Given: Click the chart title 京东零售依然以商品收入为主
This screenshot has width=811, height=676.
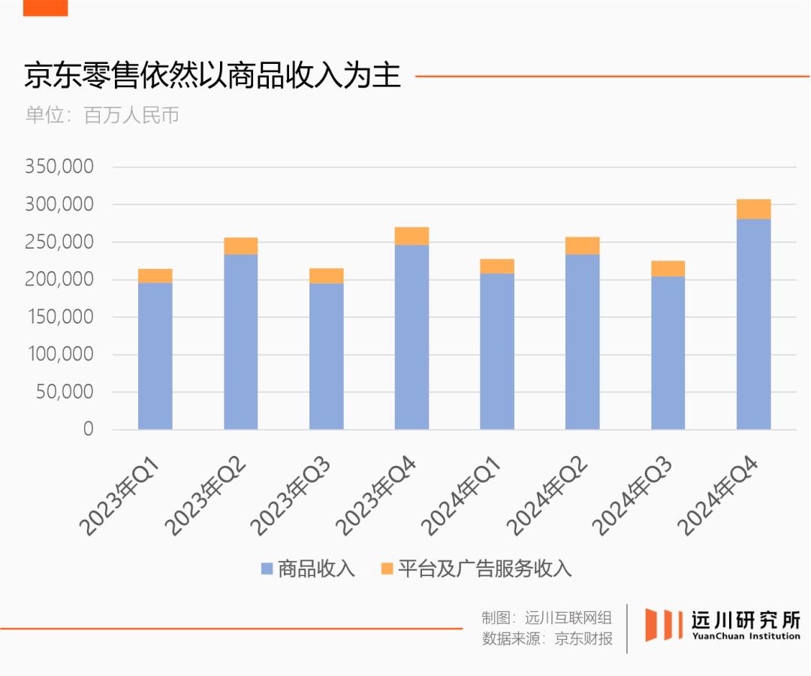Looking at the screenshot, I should (x=213, y=77).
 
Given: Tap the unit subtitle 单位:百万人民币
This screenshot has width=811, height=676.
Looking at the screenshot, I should (x=102, y=116).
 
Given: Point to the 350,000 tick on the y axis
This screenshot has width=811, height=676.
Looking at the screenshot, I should (x=59, y=167).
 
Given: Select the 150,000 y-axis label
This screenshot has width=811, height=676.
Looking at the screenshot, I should (x=59, y=317).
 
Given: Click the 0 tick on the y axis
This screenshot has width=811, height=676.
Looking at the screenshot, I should (x=88, y=429).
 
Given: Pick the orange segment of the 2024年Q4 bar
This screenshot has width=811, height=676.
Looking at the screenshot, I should (x=753, y=210).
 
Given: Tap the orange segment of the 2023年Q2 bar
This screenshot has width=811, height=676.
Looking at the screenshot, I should (x=240, y=246).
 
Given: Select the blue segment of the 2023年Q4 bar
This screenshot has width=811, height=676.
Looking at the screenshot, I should (x=412, y=337).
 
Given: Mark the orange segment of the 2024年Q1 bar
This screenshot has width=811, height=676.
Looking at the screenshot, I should (x=497, y=267).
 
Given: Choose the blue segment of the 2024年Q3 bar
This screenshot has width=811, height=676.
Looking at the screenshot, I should (x=668, y=353).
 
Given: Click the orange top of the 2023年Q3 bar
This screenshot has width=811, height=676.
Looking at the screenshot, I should (x=326, y=276).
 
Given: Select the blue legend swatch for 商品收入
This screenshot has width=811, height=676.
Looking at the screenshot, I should (x=267, y=569).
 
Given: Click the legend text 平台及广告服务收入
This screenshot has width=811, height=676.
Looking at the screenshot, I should (x=484, y=569).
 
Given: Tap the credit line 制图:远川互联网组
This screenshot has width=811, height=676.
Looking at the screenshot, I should (x=547, y=618).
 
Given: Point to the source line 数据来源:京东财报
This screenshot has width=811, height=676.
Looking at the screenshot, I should (x=547, y=639).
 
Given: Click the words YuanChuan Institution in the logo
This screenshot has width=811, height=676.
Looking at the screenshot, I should (x=745, y=636).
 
